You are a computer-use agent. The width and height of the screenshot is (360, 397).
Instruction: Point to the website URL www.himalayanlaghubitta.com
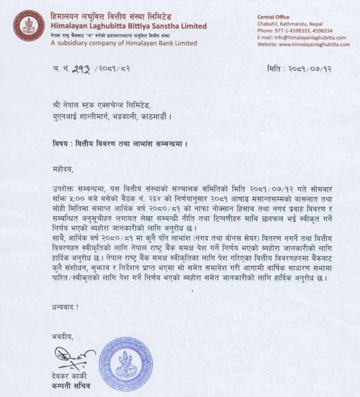304,44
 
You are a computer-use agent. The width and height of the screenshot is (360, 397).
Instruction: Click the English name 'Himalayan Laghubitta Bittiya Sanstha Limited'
129,26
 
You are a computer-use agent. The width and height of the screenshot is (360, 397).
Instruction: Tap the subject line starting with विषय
119,144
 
